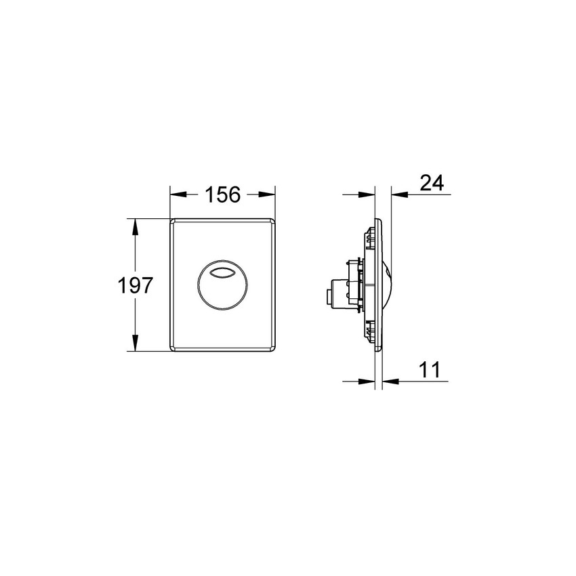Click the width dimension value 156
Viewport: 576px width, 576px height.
[223, 195]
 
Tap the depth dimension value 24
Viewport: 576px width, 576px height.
[432, 183]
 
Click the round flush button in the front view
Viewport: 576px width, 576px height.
[223, 285]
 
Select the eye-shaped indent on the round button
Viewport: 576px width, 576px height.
[223, 274]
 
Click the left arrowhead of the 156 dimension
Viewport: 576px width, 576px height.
[176, 194]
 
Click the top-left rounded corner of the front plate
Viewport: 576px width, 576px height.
[173, 222]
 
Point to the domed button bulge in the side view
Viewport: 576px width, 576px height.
[387, 285]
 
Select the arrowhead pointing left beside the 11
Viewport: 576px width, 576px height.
[390, 382]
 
